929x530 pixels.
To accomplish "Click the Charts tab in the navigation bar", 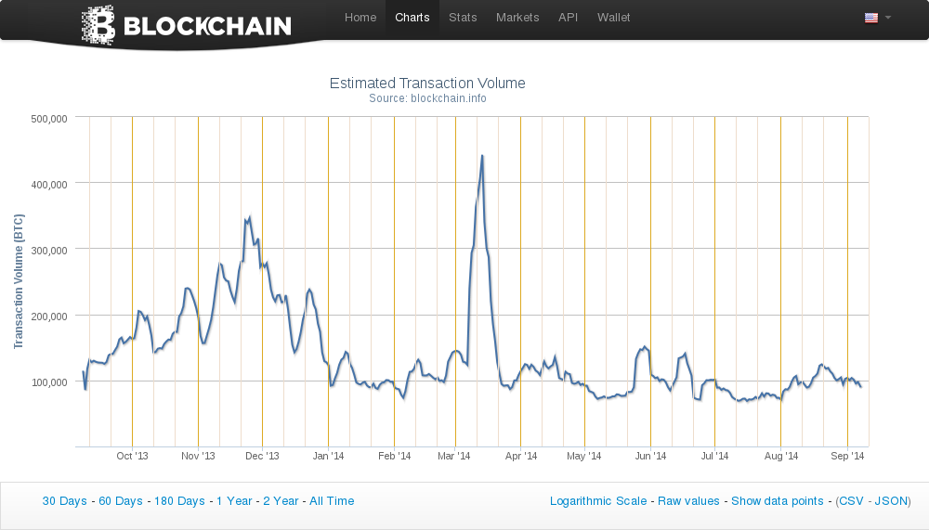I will tap(412, 18).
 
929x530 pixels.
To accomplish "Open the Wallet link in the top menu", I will tap(613, 18).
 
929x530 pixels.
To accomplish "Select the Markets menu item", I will tap(517, 18).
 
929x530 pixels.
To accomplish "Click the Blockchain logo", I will tap(187, 25).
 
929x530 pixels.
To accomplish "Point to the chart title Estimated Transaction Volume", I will tap(427, 84).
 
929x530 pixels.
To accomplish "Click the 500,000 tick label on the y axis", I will tap(48, 119).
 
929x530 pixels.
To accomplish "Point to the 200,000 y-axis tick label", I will tap(48, 317).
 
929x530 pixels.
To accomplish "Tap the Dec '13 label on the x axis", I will tap(263, 456).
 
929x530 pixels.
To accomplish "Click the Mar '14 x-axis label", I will tap(454, 456).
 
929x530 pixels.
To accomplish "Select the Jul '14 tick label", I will tap(714, 456).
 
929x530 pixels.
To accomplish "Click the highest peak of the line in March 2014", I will tap(482, 156).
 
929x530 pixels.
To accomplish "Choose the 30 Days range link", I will tap(64, 501).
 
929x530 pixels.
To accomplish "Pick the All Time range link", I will tap(332, 501).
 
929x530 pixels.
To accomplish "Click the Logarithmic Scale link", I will tap(598, 501).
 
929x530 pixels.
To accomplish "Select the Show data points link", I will tap(777, 501).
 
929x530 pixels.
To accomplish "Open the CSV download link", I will tap(851, 501).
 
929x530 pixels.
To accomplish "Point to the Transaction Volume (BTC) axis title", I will tap(19, 282).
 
